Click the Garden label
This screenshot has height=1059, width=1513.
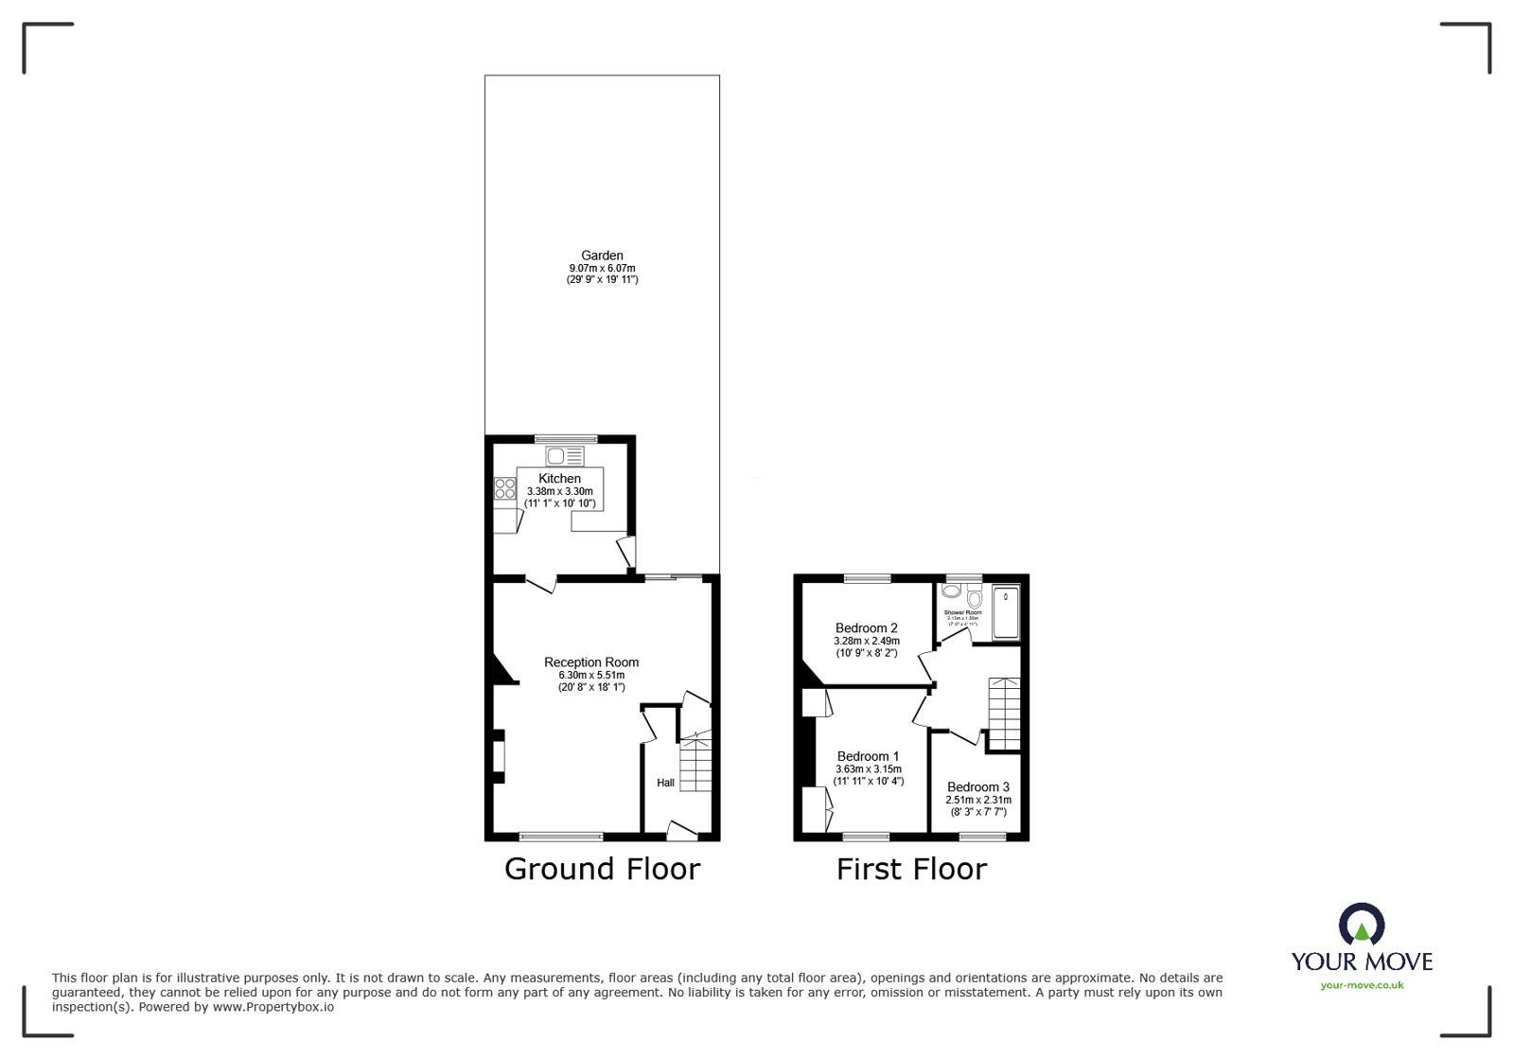(602, 256)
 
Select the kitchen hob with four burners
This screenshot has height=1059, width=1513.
(505, 488)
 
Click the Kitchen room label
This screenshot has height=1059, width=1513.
(560, 479)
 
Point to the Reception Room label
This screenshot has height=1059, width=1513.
(591, 662)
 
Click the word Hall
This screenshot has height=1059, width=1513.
(666, 783)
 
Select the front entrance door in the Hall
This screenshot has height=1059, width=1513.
(682, 831)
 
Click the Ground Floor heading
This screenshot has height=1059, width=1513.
(602, 869)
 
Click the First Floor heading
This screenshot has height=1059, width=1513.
(911, 869)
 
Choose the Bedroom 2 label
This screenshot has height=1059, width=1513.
(867, 627)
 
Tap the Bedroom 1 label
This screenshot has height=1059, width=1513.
(869, 756)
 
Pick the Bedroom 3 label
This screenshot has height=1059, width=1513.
(978, 786)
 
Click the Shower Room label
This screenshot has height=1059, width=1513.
(963, 612)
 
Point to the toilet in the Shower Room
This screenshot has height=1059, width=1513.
(975, 597)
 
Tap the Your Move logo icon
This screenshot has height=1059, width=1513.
(1362, 925)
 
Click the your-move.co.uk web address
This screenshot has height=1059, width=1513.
(1362, 985)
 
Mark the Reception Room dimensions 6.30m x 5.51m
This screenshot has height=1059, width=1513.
(591, 675)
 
